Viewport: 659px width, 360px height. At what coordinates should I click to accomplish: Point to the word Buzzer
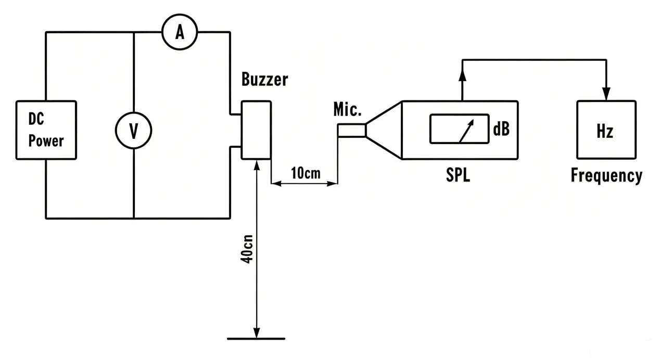coord(265,79)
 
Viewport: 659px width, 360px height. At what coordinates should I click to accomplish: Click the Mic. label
coord(347,109)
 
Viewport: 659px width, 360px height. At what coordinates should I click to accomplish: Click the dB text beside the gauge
coord(501,129)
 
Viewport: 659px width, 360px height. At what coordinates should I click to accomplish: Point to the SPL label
coord(458,175)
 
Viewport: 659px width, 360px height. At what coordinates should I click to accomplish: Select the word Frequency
coord(606,176)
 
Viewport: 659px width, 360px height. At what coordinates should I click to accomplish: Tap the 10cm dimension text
coord(306,173)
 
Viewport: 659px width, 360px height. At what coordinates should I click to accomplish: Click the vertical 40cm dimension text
coord(247,249)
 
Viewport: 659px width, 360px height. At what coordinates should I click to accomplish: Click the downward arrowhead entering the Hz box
coord(606,94)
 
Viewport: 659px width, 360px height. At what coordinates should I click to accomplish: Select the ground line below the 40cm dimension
coord(256,339)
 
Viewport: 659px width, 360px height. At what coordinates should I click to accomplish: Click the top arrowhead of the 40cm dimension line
coord(257,166)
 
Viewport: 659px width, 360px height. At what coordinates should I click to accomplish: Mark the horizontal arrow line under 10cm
coord(304,184)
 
